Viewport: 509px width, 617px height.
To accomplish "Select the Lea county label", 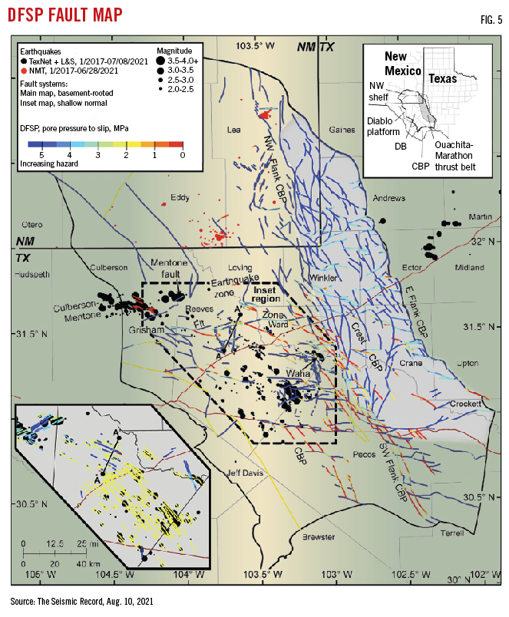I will (234, 130).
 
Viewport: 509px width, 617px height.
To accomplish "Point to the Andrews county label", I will (388, 199).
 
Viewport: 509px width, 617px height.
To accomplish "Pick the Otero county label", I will (31, 225).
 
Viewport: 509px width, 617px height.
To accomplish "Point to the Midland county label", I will (469, 268).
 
